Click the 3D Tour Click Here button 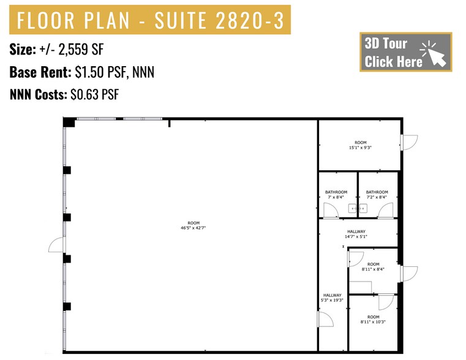coord(405,52)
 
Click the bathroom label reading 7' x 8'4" coord(336,195)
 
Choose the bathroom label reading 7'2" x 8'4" coord(377,195)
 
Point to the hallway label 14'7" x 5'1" coord(356,234)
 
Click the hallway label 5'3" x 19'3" coord(333,298)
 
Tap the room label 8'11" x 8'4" coord(373,267)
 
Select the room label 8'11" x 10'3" coord(373,319)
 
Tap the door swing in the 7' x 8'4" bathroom coord(330,209)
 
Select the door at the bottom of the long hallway coord(325,320)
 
